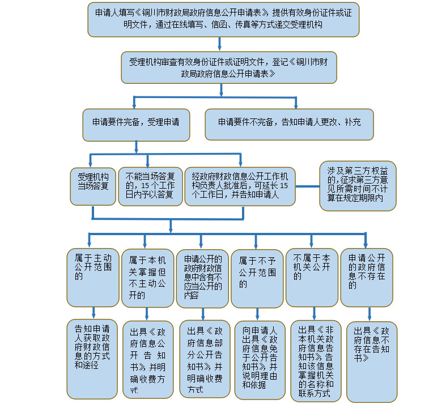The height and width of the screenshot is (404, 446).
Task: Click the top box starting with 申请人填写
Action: (x=223, y=19)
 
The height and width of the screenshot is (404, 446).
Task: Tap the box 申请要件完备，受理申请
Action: (x=137, y=124)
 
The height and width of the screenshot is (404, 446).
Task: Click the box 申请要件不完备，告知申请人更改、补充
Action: (x=289, y=124)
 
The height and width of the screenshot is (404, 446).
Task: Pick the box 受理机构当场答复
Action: (x=93, y=185)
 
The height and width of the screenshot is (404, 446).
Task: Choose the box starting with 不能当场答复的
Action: (x=150, y=185)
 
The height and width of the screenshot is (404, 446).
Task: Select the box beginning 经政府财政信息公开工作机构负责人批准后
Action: (x=240, y=185)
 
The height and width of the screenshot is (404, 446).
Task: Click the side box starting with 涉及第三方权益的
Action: (x=358, y=185)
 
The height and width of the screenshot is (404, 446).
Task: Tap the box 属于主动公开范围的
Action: (x=93, y=275)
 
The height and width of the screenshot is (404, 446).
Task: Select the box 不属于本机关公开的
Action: (x=311, y=275)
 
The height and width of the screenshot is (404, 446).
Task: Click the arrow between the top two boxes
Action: (x=219, y=44)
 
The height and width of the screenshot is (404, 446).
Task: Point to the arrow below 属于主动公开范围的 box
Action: (x=93, y=313)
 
